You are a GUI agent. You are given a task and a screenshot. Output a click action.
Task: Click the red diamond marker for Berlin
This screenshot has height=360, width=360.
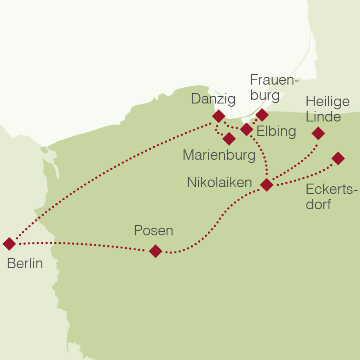click(9, 244)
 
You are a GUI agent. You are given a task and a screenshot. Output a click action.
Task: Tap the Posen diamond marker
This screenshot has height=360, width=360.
click(155, 251)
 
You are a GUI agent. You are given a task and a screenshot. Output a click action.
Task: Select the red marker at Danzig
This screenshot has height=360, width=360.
click(218, 116)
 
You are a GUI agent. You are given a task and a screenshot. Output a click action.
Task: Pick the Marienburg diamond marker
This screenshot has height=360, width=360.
click(229, 139)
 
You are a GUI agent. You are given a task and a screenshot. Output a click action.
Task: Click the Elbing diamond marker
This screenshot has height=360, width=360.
click(247, 130)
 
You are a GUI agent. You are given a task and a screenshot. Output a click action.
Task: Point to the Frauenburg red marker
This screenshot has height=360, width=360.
click(262, 115)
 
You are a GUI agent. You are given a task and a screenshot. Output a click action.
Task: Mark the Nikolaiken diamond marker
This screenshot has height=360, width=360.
click(267, 184)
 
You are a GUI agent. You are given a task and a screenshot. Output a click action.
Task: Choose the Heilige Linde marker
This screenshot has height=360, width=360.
click(318, 133)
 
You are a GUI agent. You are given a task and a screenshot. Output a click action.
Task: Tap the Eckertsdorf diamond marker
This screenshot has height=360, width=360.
click(338, 158)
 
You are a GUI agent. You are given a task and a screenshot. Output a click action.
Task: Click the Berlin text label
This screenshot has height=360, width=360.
click(25, 264)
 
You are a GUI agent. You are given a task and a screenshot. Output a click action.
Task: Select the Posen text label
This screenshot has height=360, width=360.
click(153, 231)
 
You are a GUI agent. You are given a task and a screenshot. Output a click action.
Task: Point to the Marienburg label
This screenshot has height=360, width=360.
click(219, 155)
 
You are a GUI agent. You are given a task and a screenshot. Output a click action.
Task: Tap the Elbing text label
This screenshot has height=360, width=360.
click(276, 131)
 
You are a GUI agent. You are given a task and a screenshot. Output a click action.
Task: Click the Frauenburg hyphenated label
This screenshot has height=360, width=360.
click(274, 88)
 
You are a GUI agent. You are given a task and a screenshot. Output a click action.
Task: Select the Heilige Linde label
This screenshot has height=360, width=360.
click(327, 109)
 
